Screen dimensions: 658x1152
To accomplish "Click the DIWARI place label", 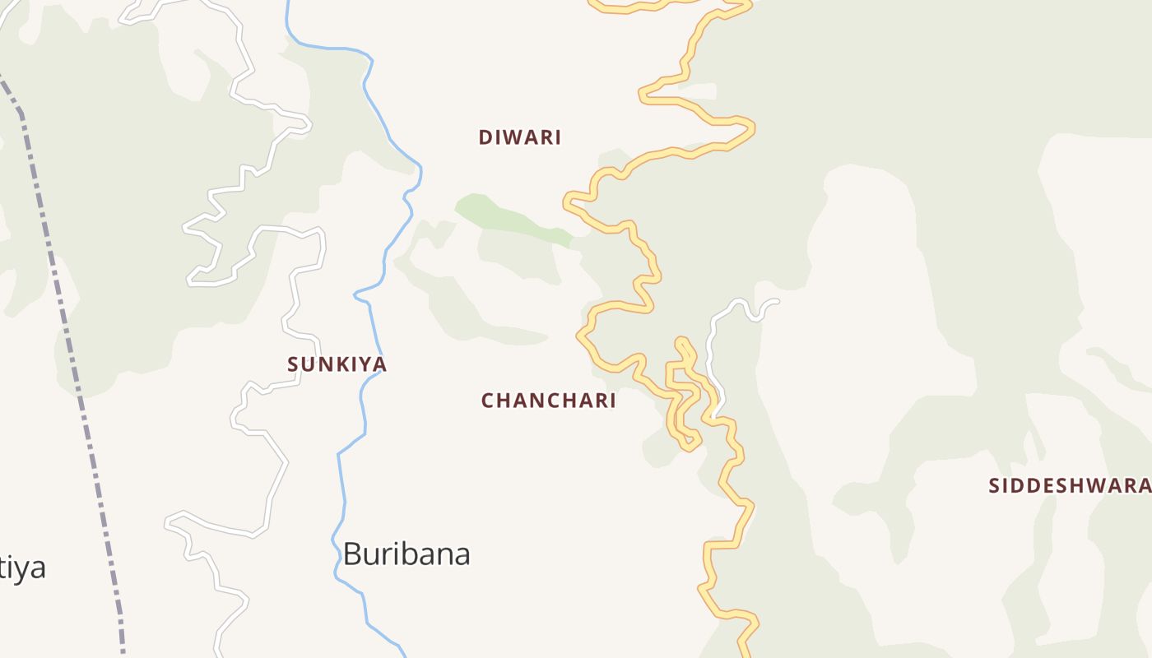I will (520, 137).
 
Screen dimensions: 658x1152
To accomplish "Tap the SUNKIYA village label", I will (337, 364).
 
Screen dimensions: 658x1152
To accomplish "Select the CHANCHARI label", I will (549, 401).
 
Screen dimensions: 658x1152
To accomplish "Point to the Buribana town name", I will (406, 554).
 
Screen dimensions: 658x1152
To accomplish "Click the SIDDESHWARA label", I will (1069, 485).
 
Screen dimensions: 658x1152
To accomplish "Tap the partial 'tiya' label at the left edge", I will (22, 568).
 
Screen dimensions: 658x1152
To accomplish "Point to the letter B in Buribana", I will (352, 554).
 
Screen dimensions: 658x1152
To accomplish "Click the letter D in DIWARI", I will (485, 137).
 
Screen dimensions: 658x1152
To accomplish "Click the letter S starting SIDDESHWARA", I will (994, 485).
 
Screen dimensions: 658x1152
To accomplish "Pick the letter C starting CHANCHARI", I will (488, 401).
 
